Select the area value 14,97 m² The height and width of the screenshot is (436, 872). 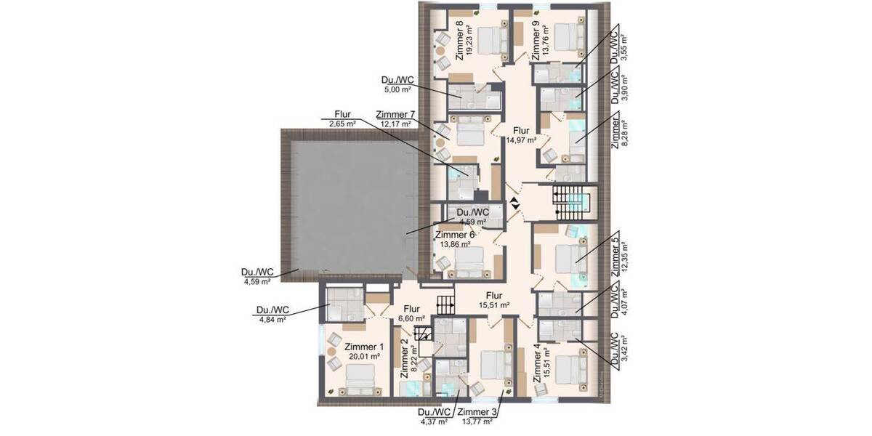point(521,140)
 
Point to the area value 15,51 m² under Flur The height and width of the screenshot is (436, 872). point(494,305)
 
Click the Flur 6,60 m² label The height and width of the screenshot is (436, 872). point(411,313)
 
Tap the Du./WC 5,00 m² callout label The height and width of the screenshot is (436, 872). point(397,84)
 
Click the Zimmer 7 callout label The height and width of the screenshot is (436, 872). point(395,119)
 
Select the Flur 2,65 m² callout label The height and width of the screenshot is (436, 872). point(342,119)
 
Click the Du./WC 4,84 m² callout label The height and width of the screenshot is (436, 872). point(272,315)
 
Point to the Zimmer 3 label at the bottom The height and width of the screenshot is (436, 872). point(477,416)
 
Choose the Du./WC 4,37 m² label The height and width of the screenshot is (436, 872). point(434,416)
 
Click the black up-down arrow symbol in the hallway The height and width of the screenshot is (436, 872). point(514,204)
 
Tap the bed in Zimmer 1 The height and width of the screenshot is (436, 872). point(360,380)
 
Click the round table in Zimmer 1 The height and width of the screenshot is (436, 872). point(331,352)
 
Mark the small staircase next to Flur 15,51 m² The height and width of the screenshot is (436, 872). point(445,305)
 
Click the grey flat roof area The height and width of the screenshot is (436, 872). point(350,206)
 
